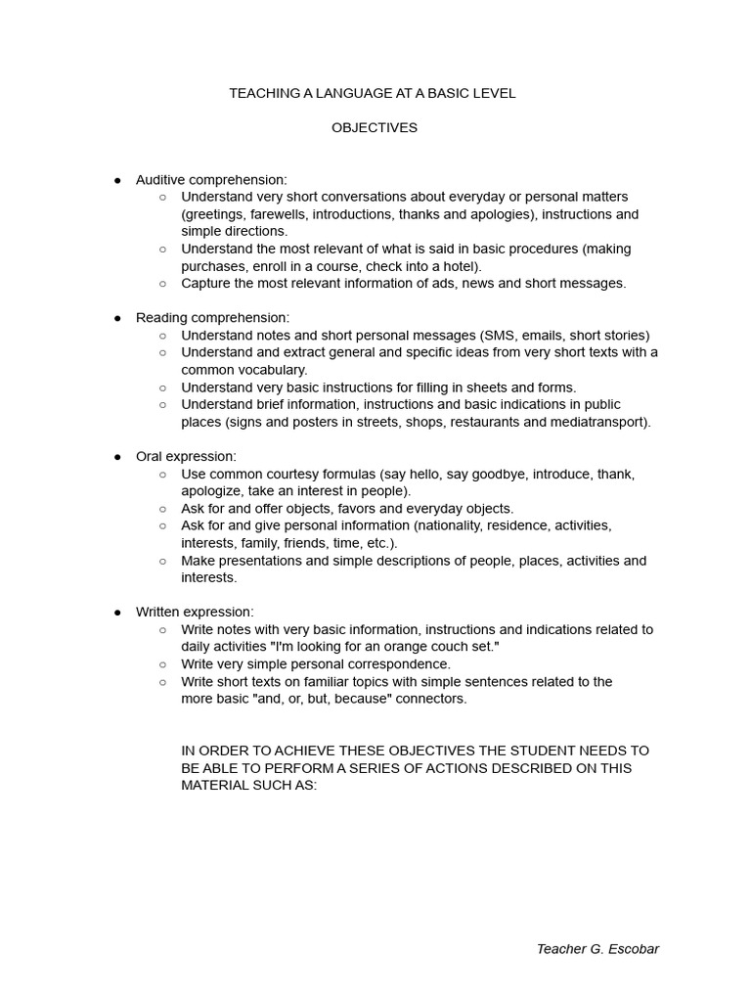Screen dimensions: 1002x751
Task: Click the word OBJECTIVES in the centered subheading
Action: point(375,128)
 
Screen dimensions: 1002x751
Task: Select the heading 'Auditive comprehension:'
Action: point(211,180)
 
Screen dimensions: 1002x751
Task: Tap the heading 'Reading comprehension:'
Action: point(212,318)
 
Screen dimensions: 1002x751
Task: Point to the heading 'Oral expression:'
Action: point(186,456)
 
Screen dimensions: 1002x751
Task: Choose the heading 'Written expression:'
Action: point(195,612)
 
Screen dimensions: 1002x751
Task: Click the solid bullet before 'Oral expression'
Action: point(117,457)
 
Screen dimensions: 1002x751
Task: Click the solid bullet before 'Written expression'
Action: point(117,613)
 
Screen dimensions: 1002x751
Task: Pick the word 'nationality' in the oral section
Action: point(455,525)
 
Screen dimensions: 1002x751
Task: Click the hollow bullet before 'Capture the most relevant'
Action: point(162,284)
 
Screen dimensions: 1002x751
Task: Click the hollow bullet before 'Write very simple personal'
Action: point(162,664)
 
